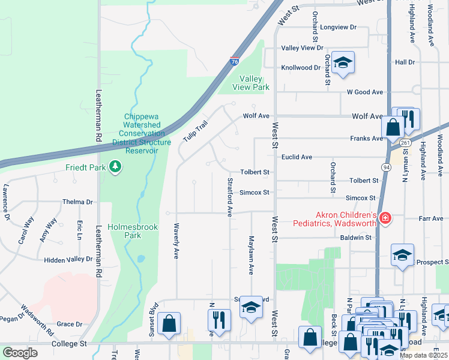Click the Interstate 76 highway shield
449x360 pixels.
coord(235,62)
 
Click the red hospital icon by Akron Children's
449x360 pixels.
coord(385,219)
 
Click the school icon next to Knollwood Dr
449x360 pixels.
coord(343,62)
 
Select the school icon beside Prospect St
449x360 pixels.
coord(402,254)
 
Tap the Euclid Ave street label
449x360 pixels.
coord(297,157)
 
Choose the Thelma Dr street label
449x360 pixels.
coord(77,202)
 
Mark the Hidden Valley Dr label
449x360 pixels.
coord(68,260)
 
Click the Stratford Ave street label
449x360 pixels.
coord(229,197)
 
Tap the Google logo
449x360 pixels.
coord(20,353)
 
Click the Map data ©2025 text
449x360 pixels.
coord(424,355)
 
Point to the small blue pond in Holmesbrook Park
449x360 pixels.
coord(140,259)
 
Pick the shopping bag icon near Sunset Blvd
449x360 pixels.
coord(169,324)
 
